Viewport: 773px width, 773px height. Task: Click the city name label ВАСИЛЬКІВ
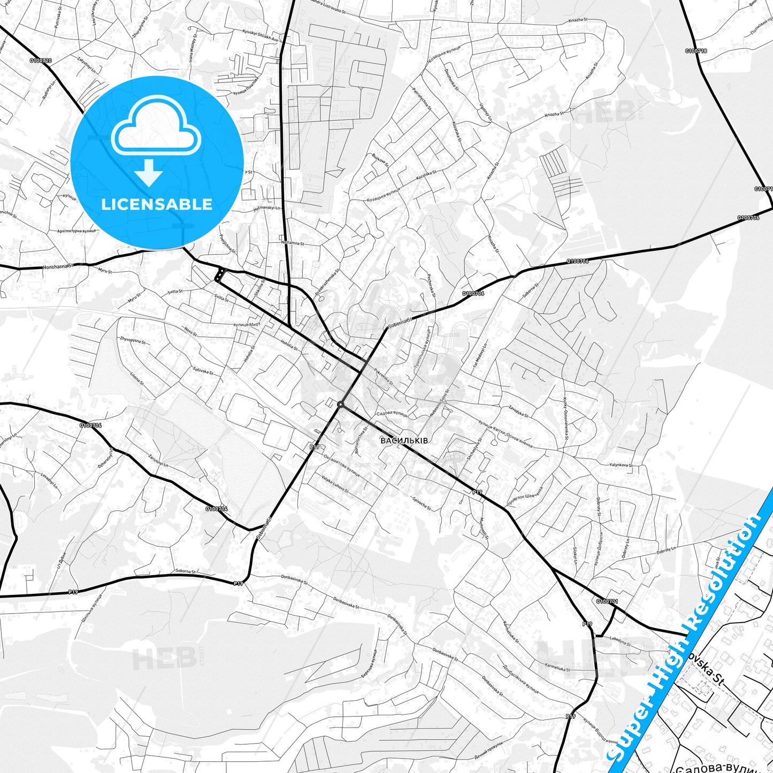pyautogui.click(x=404, y=441)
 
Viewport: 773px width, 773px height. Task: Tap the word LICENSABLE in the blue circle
pyautogui.click(x=157, y=204)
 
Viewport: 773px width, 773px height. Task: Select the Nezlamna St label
pyautogui.click(x=292, y=243)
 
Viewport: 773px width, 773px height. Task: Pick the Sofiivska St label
pyautogui.click(x=203, y=369)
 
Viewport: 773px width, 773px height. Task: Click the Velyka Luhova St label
pyautogui.click(x=334, y=484)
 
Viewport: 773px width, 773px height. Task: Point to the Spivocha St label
pyautogui.click(x=422, y=503)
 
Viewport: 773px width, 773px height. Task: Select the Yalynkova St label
pyautogui.click(x=621, y=465)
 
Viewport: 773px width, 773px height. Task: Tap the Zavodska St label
pyautogui.click(x=518, y=411)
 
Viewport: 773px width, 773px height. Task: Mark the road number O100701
pyautogui.click(x=607, y=601)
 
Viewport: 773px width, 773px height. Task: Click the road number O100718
pyautogui.click(x=695, y=51)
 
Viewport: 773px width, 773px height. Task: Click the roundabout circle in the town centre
pyautogui.click(x=340, y=404)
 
